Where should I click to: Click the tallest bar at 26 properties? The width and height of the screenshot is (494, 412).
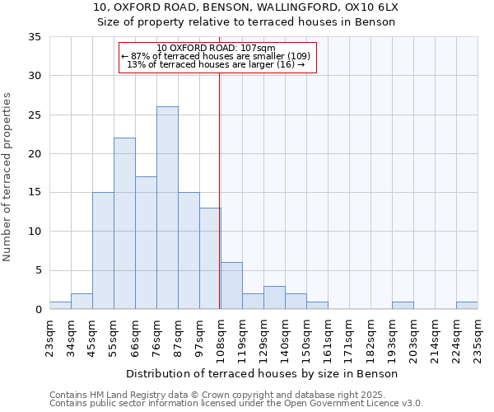click(x=167, y=208)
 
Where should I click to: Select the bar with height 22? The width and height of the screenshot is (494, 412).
click(x=124, y=223)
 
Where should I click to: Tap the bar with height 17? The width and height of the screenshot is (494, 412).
click(x=146, y=243)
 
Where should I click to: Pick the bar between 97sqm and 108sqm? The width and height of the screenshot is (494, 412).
click(x=210, y=259)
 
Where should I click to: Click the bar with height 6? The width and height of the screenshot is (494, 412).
click(x=231, y=286)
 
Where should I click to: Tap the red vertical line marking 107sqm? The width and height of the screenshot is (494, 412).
click(x=219, y=190)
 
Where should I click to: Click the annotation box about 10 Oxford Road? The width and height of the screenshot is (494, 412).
click(x=217, y=57)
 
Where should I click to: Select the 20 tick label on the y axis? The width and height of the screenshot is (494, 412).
click(x=35, y=154)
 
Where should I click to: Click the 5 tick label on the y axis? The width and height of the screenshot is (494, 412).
click(x=38, y=271)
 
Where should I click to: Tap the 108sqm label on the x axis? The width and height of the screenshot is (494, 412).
click(x=221, y=336)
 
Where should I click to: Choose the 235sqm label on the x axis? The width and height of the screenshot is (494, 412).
click(x=478, y=336)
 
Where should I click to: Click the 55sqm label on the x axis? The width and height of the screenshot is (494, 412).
click(x=114, y=336)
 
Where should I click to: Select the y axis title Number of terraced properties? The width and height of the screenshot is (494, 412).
click(x=7, y=176)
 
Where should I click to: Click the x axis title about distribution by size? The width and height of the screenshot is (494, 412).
click(x=263, y=373)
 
